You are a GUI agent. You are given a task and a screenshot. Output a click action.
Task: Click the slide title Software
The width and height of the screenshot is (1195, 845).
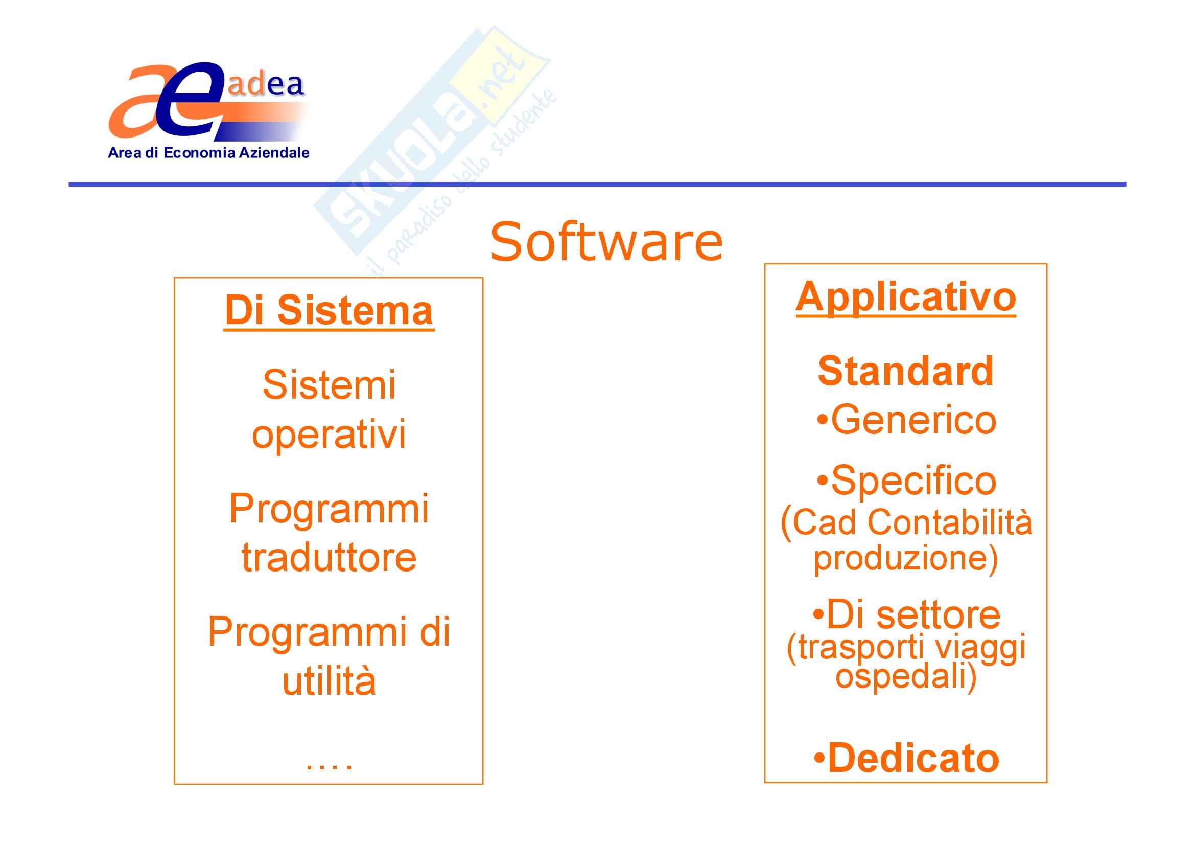(606, 242)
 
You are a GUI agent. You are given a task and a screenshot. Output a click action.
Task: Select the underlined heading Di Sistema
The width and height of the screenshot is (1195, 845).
(329, 311)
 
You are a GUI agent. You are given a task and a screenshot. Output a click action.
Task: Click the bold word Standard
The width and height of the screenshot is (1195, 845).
(906, 371)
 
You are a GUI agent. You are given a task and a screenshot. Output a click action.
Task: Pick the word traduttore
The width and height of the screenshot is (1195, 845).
(329, 558)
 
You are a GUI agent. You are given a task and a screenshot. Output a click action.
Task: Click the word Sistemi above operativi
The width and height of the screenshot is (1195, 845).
(329, 385)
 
